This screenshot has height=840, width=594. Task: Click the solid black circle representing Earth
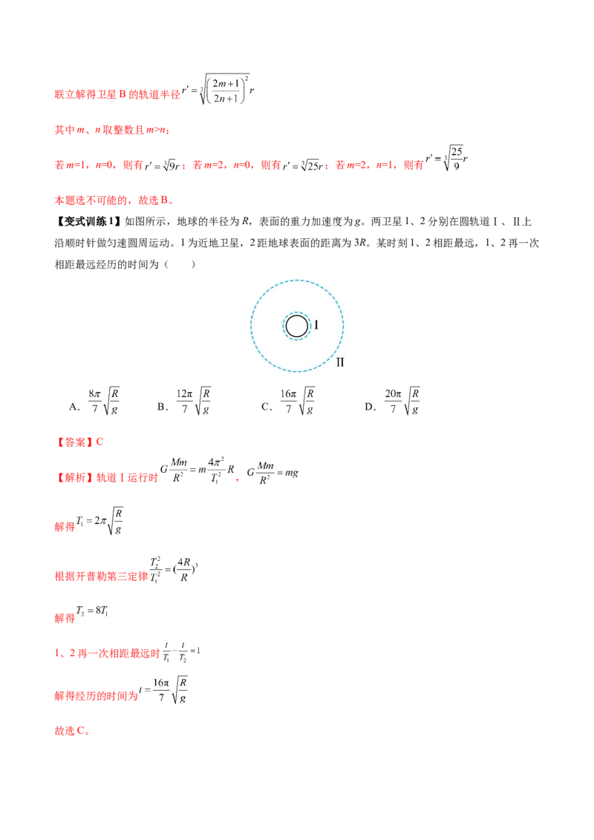[286, 326]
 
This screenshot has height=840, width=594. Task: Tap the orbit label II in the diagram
[340, 363]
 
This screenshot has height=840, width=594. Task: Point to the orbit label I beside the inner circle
[316, 324]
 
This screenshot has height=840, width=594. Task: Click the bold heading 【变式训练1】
[88, 221]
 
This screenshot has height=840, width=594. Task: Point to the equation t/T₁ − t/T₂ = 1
[181, 652]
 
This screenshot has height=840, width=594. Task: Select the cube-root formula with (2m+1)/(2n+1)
[218, 90]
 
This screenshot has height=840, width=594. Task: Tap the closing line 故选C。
[72, 731]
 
